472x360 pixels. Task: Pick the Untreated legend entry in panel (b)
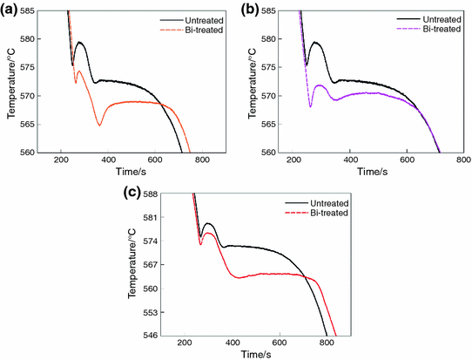point(426,17)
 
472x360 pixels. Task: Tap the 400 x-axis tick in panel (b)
point(349,160)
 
